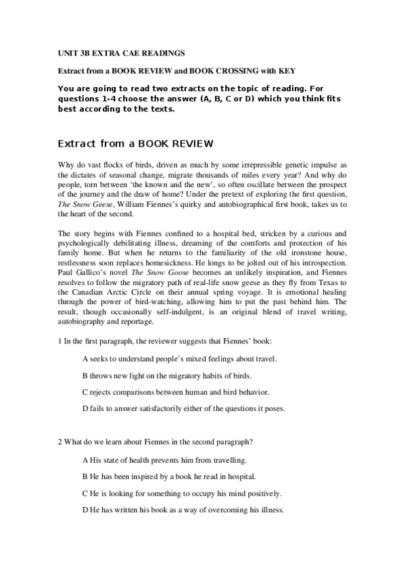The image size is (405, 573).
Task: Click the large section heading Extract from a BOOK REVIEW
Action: pos(135,143)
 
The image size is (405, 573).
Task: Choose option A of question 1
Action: pos(179,359)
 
